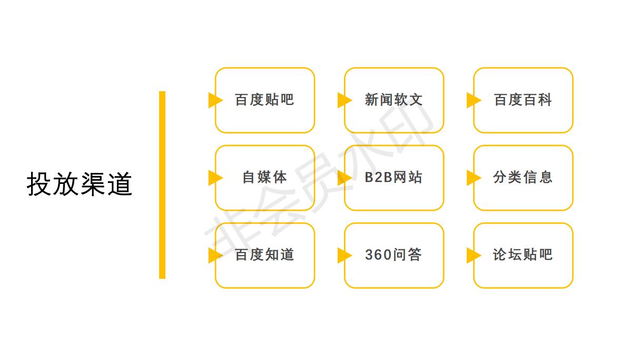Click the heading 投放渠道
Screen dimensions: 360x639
click(79, 184)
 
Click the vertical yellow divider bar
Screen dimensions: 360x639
click(162, 184)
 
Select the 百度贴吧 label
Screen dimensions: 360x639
click(264, 100)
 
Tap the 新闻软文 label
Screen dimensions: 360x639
click(394, 100)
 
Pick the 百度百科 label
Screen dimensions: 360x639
click(523, 100)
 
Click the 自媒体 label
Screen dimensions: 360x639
click(264, 177)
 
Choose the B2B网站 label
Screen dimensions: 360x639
click(394, 177)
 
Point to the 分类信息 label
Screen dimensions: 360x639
click(523, 177)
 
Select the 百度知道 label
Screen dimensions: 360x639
click(264, 255)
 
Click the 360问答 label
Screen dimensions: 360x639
click(394, 255)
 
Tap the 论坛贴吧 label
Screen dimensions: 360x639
click(523, 255)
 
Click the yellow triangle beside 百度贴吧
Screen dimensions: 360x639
click(214, 100)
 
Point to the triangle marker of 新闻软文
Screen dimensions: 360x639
click(343, 100)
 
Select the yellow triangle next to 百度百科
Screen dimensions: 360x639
click(473, 100)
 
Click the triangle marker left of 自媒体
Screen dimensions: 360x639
click(214, 178)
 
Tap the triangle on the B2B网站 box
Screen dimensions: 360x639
click(343, 178)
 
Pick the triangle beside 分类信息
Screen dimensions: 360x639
click(473, 178)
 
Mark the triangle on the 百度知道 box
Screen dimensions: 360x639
click(214, 255)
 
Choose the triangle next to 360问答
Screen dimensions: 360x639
click(343, 255)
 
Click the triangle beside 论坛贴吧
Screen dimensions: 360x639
click(473, 255)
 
